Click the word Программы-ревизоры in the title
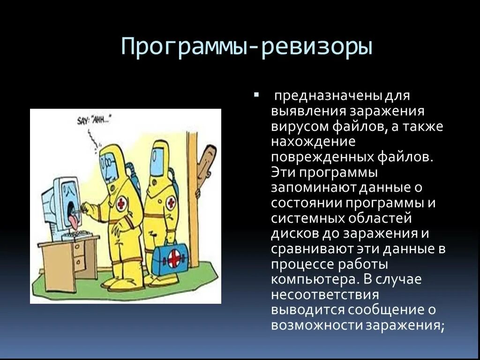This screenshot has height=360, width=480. (x=247, y=47)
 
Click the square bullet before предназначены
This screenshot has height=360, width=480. (x=256, y=96)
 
